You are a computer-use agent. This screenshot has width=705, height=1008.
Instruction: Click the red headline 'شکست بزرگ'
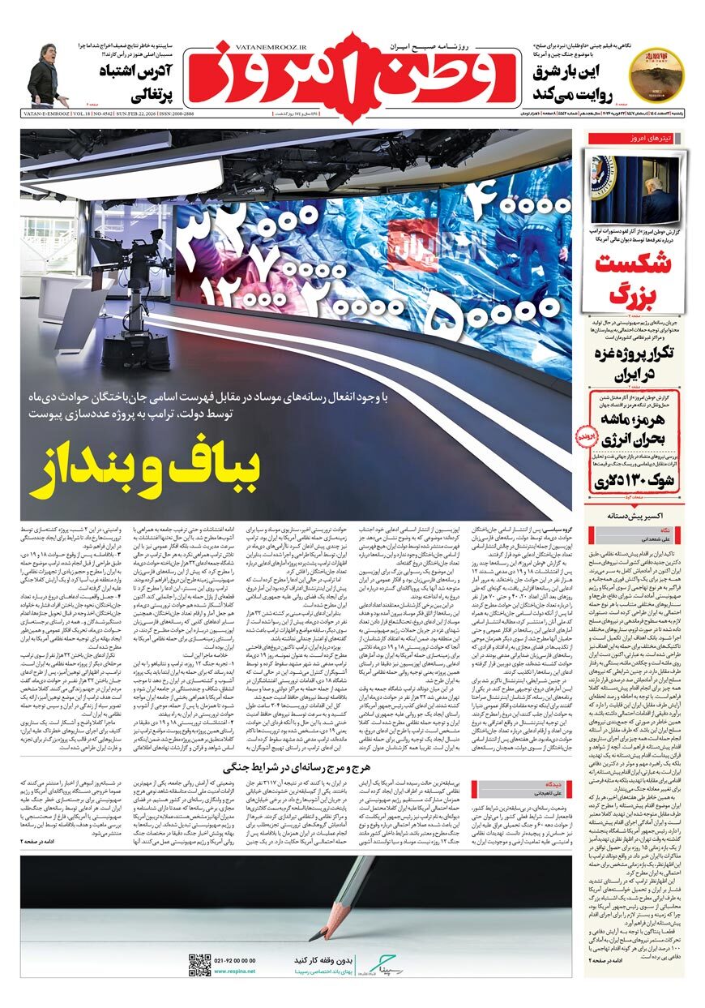(634, 277)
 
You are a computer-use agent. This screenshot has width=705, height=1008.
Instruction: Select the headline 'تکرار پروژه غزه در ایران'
(634, 362)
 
